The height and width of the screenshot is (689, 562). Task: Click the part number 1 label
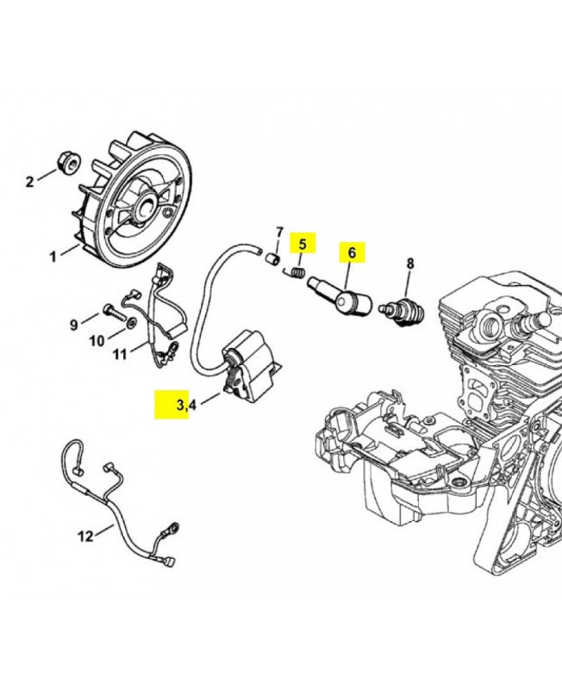pyautogui.click(x=53, y=256)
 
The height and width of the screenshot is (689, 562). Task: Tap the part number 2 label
pyautogui.click(x=29, y=181)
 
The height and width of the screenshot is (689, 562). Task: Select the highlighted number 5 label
pyautogui.click(x=303, y=244)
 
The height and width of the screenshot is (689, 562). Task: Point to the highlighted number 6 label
pyautogui.click(x=352, y=253)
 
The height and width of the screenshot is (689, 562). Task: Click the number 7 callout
pyautogui.click(x=279, y=233)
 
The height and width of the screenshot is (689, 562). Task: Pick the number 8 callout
pyautogui.click(x=410, y=264)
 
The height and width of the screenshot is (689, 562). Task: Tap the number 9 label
pyautogui.click(x=74, y=325)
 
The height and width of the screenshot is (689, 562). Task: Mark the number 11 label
pyautogui.click(x=120, y=353)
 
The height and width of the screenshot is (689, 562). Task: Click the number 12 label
pyautogui.click(x=85, y=537)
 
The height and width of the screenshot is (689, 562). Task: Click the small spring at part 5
pyautogui.click(x=296, y=274)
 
